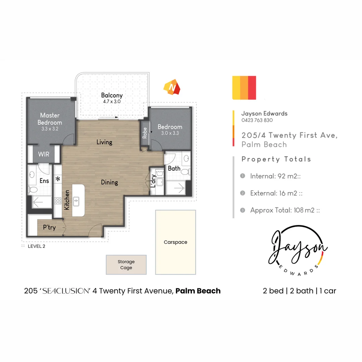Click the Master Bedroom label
[50, 119]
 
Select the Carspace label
[175, 242]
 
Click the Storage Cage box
[126, 265]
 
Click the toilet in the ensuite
[34, 190]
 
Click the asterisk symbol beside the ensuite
[58, 179]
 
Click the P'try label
[49, 227]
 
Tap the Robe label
[145, 133]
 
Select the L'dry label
[153, 181]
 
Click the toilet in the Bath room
[184, 172]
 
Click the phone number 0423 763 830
[257, 120]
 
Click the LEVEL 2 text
[36, 246]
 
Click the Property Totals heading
[276, 159]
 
